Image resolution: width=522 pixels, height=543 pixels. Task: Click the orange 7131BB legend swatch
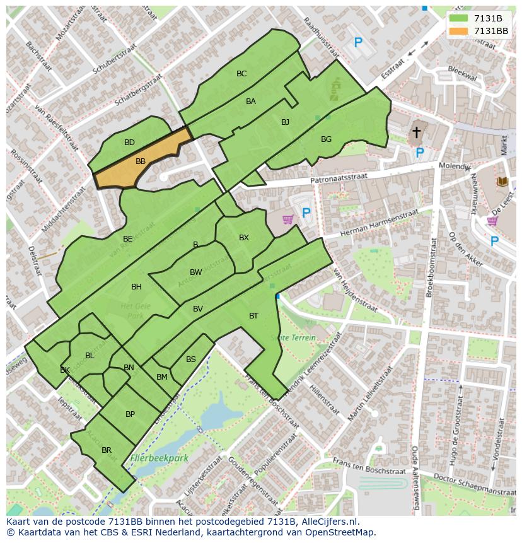pos(459,31)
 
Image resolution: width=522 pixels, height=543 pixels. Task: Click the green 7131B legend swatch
pos(459,18)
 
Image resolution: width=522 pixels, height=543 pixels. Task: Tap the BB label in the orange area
pos(141,161)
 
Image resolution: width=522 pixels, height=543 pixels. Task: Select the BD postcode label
pos(129,143)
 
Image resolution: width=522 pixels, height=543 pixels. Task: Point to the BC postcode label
pos(241,74)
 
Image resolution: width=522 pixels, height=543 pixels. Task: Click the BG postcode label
pos(326,139)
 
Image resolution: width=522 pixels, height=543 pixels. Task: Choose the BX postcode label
pos(244,238)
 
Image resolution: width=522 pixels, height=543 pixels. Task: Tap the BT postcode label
pos(253,316)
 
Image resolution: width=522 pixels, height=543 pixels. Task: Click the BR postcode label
pos(107,450)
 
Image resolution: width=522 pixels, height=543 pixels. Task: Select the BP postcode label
pos(130,414)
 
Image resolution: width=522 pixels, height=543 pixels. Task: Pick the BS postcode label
pos(191,359)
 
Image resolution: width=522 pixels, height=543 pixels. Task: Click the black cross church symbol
pos(416,132)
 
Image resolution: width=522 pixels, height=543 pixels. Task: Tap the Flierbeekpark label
pos(159,458)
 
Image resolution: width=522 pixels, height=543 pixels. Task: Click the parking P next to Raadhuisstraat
pos(358,43)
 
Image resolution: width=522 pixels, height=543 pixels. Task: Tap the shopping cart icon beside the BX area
pos(288,219)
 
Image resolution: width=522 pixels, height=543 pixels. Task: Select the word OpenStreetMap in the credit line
pos(341,532)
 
